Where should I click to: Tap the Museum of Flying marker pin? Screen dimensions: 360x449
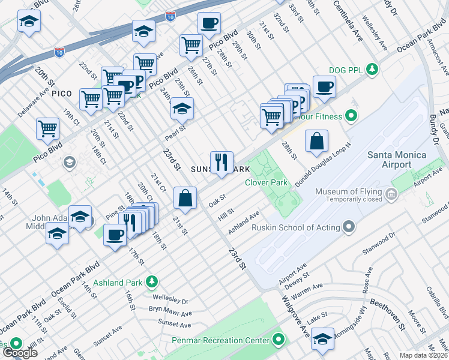click(x=392, y=194)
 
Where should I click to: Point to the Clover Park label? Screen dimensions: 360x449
click(x=267, y=182)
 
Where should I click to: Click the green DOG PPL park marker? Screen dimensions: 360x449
click(x=372, y=69)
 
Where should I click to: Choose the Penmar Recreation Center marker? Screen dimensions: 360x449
click(x=278, y=340)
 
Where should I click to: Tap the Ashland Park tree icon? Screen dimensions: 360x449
click(x=152, y=281)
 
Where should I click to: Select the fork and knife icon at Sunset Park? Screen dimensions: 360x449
click(x=221, y=162)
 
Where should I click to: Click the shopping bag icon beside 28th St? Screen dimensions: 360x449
click(x=316, y=142)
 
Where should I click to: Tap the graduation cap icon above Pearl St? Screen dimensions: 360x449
click(x=182, y=108)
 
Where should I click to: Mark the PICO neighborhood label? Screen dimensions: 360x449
click(x=62, y=94)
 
